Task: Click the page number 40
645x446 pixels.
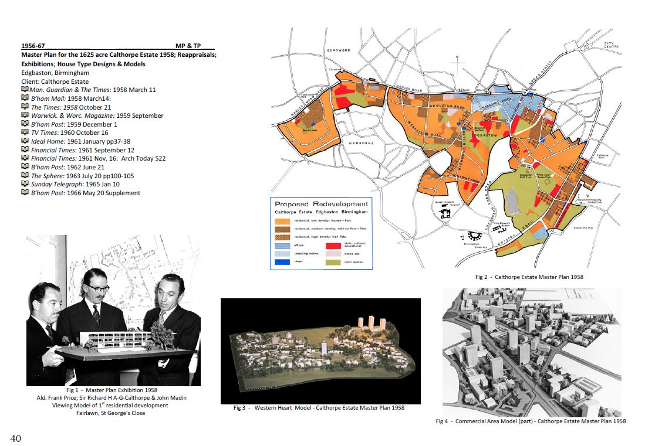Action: coord(17,437)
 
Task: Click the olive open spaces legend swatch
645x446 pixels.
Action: coord(333,263)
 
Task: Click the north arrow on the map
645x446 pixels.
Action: coord(457,59)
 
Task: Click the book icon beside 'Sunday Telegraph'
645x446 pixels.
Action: coord(25,184)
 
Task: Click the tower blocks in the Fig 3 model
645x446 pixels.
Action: coord(372,322)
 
